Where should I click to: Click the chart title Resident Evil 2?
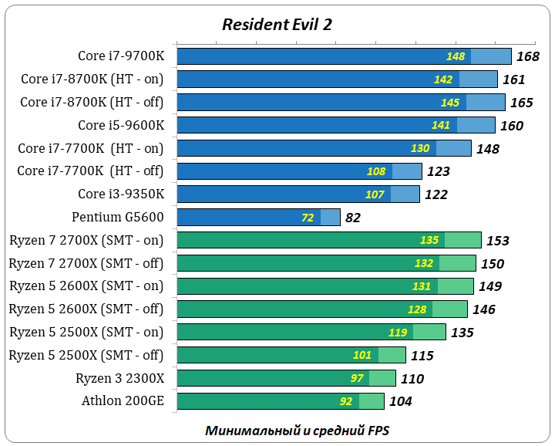pos(277,24)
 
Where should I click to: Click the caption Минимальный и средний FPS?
pos(298,430)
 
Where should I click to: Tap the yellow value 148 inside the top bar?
pos(456,56)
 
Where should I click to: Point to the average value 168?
pos(528,56)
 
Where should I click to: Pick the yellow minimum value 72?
pos(308,218)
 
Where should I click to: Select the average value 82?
pos(353,218)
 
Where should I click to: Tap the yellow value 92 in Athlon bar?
pos(346,401)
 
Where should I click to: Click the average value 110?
pos(412,379)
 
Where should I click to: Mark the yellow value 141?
pos(441,126)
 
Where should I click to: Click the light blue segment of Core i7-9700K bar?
pos(491,56)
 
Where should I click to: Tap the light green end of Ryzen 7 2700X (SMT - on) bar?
pos(462,240)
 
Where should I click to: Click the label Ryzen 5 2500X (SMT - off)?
pos(86,355)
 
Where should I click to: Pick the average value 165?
pos(522,103)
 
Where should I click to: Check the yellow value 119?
pos(398,333)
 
